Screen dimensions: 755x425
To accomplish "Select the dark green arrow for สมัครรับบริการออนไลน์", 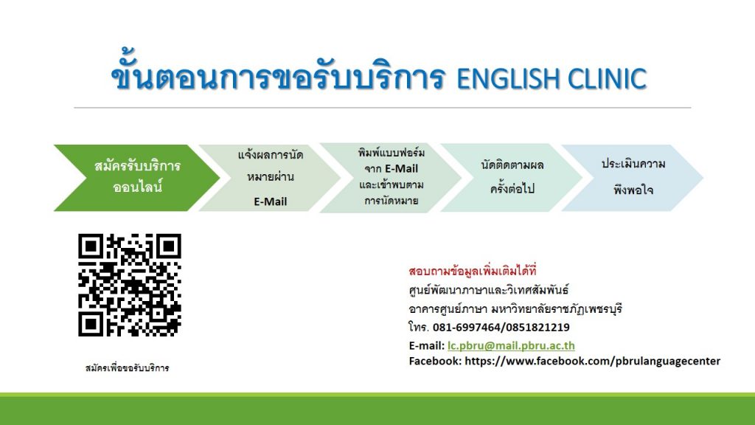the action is click(x=136, y=178).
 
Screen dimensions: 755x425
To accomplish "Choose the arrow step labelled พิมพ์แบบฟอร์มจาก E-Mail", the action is click(x=391, y=178).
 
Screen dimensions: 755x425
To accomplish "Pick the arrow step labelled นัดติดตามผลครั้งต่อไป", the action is click(x=512, y=178).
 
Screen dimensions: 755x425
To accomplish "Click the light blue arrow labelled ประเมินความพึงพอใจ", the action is click(x=633, y=178).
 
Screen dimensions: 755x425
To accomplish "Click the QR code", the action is click(x=130, y=285).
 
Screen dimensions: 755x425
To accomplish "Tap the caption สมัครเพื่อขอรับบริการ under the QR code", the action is click(x=127, y=368).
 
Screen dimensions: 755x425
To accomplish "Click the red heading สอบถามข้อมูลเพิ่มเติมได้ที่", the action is click(x=473, y=271).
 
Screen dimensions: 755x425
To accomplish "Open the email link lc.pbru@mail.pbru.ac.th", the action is click(x=511, y=345).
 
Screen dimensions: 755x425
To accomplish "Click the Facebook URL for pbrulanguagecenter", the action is click(x=592, y=361).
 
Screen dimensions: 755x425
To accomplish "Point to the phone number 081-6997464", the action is click(x=467, y=327).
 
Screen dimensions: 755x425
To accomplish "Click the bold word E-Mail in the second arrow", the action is click(x=270, y=201).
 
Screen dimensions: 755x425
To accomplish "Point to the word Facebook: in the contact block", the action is click(x=435, y=361).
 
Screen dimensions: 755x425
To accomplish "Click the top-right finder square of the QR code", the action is click(x=168, y=246).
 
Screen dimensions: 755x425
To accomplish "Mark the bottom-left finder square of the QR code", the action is click(x=91, y=323).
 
